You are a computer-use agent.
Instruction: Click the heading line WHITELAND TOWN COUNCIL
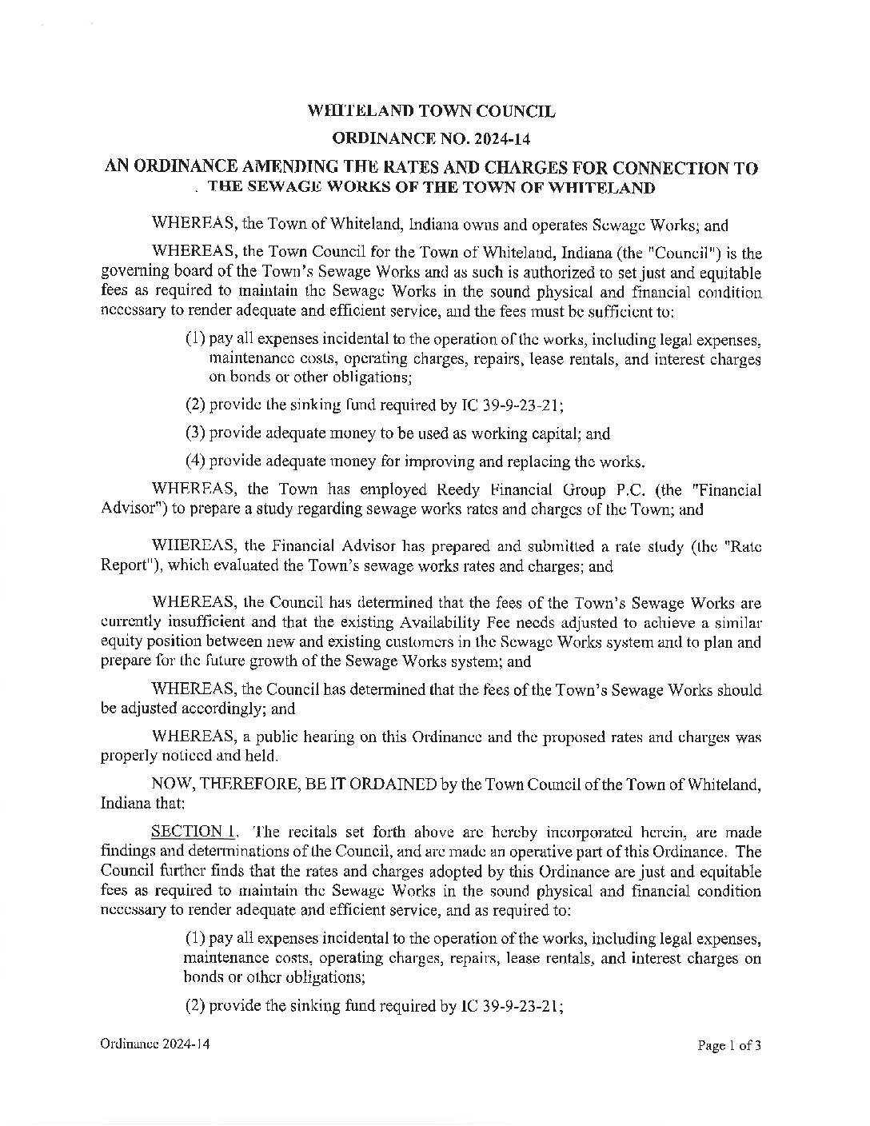[432, 111]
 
